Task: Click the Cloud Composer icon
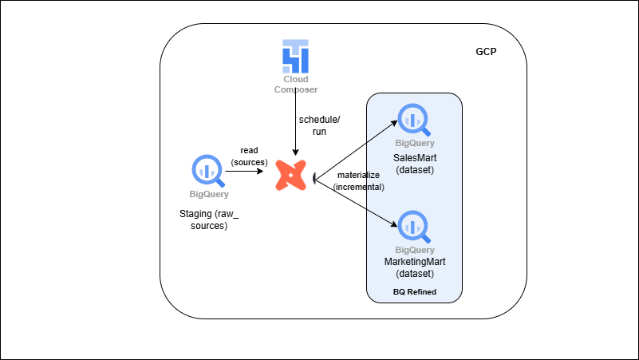(x=295, y=55)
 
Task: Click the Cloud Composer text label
(x=295, y=85)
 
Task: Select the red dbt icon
(x=291, y=175)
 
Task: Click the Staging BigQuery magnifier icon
(x=208, y=170)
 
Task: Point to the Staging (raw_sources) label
(x=208, y=220)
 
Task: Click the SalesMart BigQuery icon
(x=415, y=120)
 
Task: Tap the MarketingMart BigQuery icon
(x=415, y=227)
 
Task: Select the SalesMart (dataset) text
(x=415, y=163)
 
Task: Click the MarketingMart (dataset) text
(x=415, y=267)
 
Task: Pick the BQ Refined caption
(x=415, y=292)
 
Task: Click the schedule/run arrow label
(x=319, y=125)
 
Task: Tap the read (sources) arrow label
(x=249, y=156)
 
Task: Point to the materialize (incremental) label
(x=358, y=180)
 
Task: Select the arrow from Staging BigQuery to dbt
(x=249, y=171)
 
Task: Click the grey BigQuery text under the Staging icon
(x=208, y=194)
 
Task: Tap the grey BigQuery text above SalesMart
(x=415, y=144)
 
